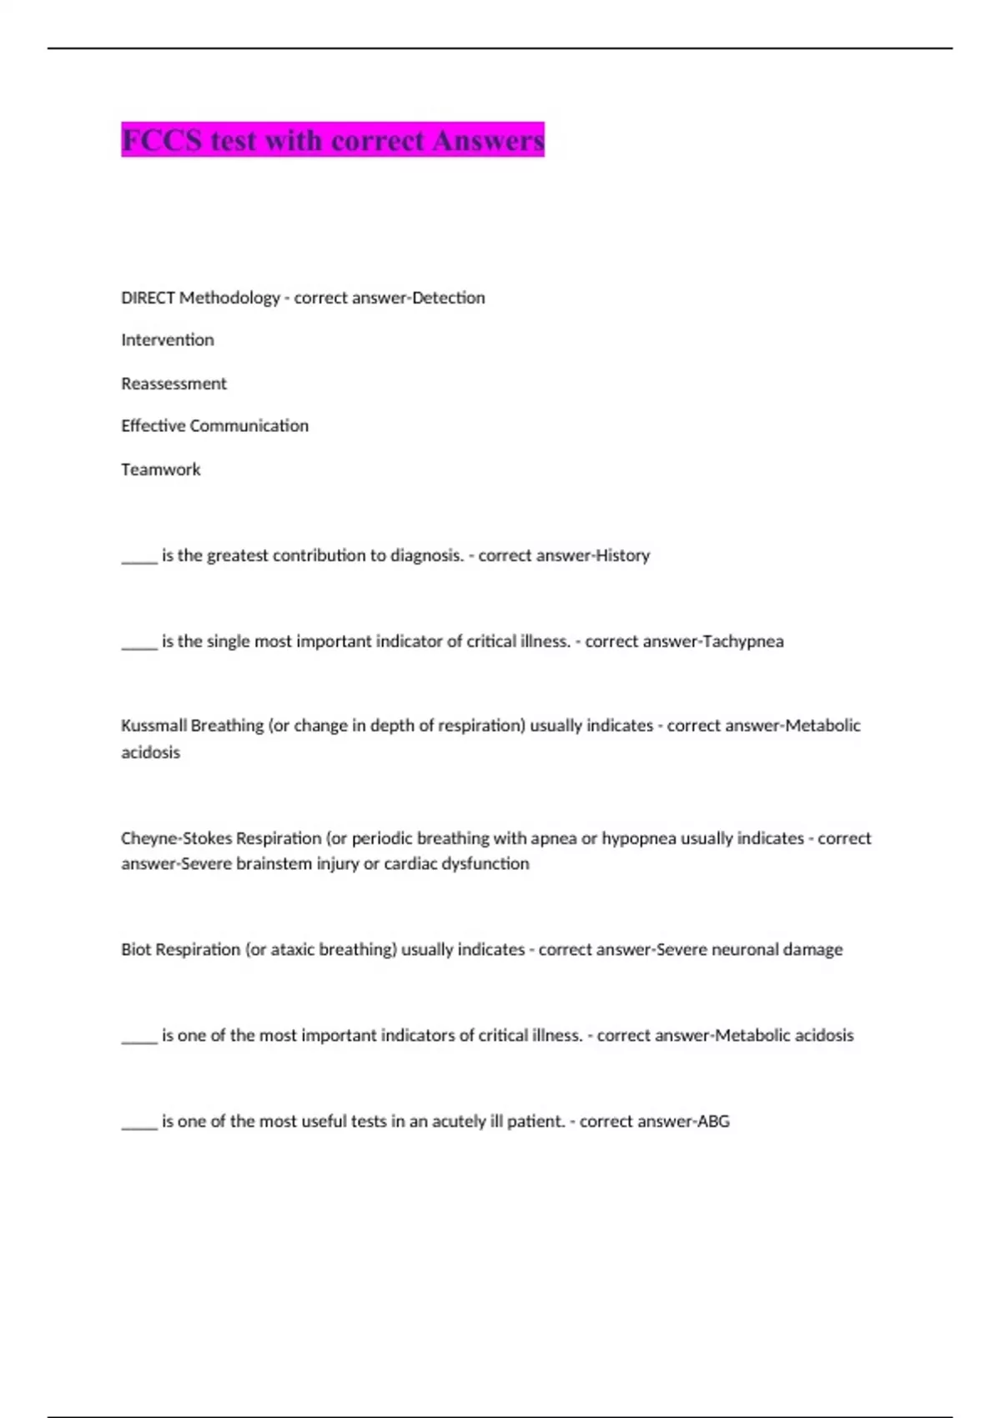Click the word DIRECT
pos(148,298)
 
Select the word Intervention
pos(168,340)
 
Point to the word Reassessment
pos(174,384)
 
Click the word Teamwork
pos(161,470)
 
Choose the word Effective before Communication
pos(153,426)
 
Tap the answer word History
pos(622,556)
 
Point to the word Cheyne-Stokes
pos(176,838)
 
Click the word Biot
pos(136,949)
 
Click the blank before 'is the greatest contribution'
pos(139,559)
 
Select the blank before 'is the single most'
pos(139,645)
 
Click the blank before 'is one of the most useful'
pos(139,1125)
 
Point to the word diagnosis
pos(426,556)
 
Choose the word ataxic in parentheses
pos(283,949)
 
